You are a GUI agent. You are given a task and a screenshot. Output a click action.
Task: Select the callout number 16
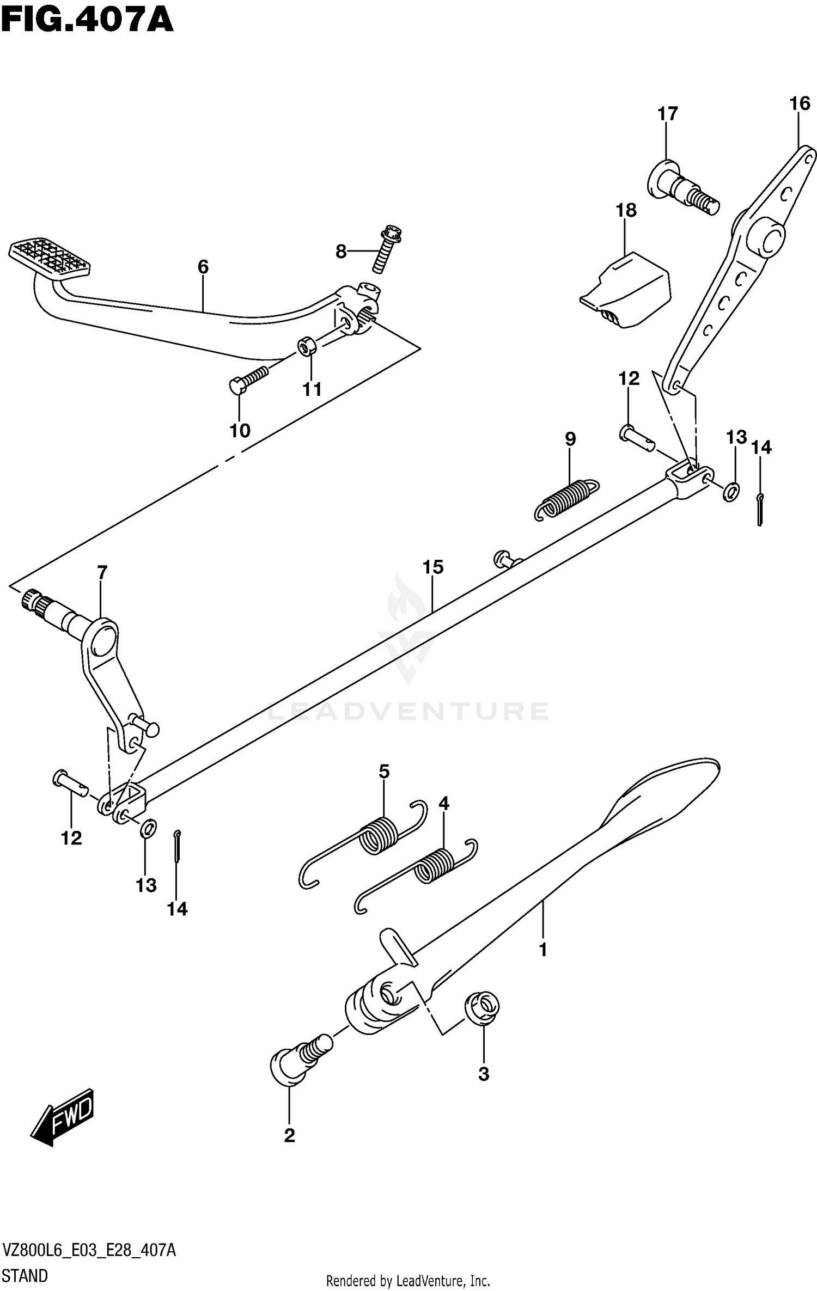click(x=800, y=103)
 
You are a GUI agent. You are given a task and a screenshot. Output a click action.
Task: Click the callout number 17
click(x=668, y=114)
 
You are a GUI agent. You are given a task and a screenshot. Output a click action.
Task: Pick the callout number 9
click(x=570, y=439)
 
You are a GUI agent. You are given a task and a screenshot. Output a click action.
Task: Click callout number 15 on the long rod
click(x=433, y=567)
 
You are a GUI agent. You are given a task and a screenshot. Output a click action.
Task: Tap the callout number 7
click(x=102, y=572)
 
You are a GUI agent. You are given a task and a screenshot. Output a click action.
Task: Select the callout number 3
click(x=484, y=1074)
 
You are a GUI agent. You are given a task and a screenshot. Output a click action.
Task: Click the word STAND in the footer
click(x=25, y=1275)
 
